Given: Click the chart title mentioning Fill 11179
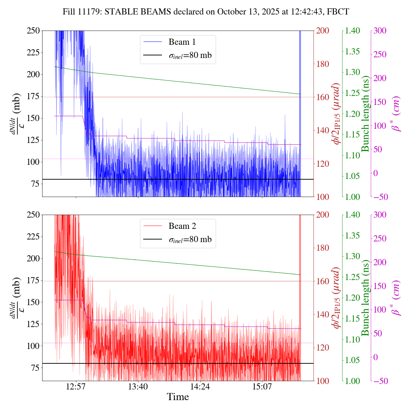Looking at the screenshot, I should (x=206, y=12).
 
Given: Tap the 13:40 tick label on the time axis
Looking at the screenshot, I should (x=138, y=386).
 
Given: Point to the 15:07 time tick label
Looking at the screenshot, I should (x=262, y=386).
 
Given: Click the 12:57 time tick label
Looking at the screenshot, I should (x=76, y=386).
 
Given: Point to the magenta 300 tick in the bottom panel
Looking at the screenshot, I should (x=380, y=215).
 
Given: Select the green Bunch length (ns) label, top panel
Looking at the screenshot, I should (x=365, y=114).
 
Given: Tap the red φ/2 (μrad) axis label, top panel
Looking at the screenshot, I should (x=337, y=114).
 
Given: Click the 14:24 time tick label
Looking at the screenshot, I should (x=200, y=386).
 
